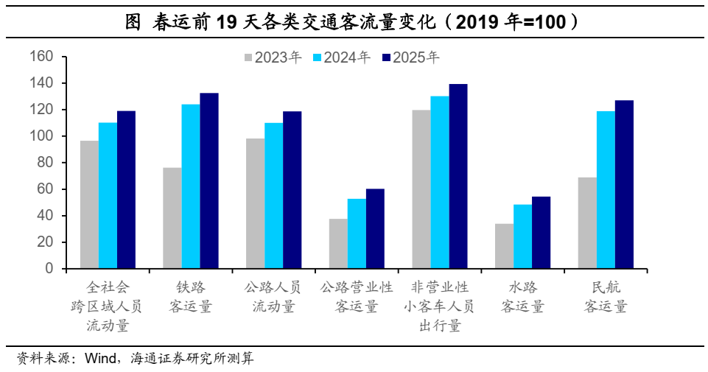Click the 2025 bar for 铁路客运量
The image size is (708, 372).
[209, 181]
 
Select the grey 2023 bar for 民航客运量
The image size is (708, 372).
[587, 223]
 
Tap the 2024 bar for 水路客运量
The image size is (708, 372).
[522, 236]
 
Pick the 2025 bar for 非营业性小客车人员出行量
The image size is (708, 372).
[458, 177]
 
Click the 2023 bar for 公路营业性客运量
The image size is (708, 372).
[338, 244]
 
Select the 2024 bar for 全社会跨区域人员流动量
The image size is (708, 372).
[108, 196]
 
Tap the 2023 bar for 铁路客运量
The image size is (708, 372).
[172, 218]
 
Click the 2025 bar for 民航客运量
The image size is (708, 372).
[624, 185]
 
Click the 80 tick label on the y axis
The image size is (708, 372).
[45, 163]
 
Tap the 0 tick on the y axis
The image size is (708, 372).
[49, 269]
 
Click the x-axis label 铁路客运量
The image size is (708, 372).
[191, 297]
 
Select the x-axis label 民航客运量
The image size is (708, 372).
[606, 297]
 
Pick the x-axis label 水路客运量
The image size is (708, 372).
[522, 297]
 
